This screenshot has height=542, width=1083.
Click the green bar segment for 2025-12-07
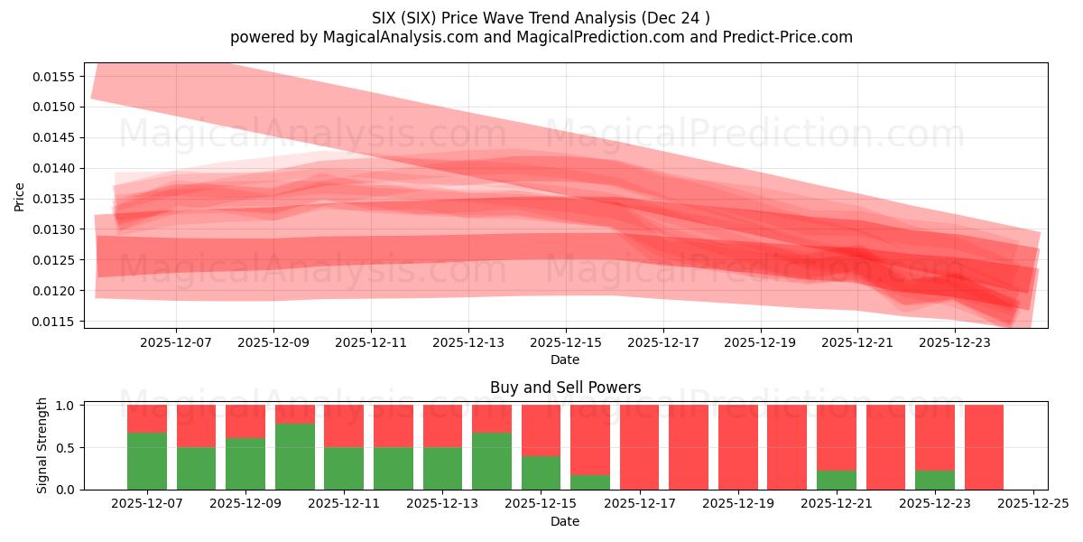pos(147,461)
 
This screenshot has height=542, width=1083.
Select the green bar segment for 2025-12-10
pos(294,456)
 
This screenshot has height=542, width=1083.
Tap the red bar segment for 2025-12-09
pos(245,421)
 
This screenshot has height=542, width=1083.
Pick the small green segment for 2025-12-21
pos(836,480)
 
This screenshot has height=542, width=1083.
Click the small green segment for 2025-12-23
pos(934,480)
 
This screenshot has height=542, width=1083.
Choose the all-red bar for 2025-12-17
pos(639,447)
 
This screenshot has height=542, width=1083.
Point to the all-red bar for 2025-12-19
pos(737,447)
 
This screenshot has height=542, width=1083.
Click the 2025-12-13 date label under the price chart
pos(468,342)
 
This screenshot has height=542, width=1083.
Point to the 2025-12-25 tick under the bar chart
pos(1033,504)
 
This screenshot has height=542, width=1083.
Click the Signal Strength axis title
pos(42,446)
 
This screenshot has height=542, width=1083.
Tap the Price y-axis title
pos(20,196)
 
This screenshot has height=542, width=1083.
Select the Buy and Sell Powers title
pos(565,388)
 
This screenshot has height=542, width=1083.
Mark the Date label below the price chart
pos(565,360)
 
